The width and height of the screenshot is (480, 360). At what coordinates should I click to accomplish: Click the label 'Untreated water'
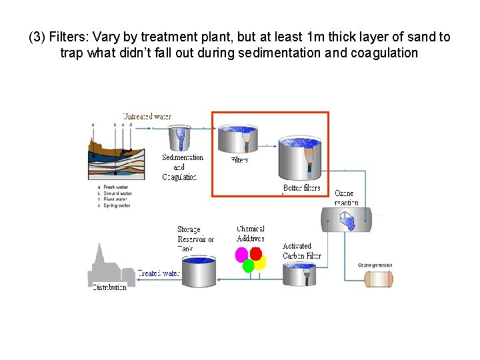coord(147,117)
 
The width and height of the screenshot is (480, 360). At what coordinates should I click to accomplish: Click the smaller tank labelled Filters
coord(238,140)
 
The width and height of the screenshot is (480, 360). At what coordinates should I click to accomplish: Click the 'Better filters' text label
coord(302,189)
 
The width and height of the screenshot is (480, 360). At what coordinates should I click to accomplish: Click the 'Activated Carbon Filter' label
coord(301,251)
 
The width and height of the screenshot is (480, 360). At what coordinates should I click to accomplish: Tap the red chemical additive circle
coord(255,253)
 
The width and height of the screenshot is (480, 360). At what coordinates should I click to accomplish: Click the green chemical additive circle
coord(249,266)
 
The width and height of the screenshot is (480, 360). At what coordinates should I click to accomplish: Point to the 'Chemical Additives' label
coord(251,233)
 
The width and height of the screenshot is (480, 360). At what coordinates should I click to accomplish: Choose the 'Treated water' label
coord(159,273)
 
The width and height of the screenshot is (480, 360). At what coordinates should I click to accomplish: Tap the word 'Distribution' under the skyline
coord(109,287)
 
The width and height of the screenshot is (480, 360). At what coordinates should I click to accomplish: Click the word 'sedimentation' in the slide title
coord(278,53)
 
